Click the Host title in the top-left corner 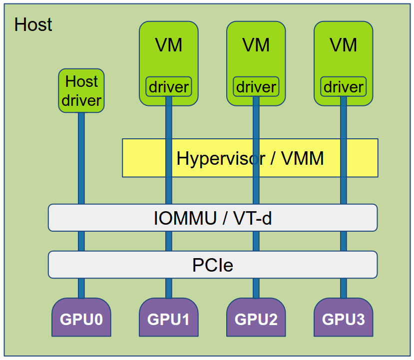tap(33, 24)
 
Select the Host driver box tap(81, 91)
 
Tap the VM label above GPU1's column tap(168, 45)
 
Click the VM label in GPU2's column tap(256, 45)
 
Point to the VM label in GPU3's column tap(343, 45)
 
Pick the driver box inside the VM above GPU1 tap(168, 87)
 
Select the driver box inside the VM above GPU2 tap(256, 87)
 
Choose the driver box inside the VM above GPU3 tap(343, 87)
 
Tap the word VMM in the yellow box tap(303, 158)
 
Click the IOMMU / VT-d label tap(213, 218)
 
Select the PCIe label tap(213, 265)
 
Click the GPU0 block tap(81, 319)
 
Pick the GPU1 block tap(168, 319)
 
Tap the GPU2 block tap(256, 319)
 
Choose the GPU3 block tap(343, 319)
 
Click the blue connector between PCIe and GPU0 tap(81, 288)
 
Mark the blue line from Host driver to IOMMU tap(81, 160)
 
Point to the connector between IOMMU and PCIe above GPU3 tap(343, 241)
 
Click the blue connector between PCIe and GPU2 tap(256, 288)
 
